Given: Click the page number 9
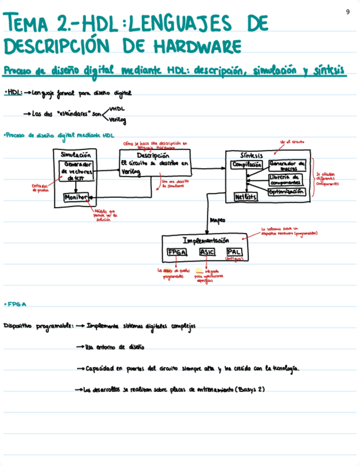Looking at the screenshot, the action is [x=348, y=12].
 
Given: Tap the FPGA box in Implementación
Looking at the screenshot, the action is [x=176, y=252].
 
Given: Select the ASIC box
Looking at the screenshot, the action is [x=207, y=252].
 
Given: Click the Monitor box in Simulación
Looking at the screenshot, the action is [x=76, y=197].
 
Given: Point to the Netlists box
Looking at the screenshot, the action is [x=246, y=196].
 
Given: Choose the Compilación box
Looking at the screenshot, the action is [x=247, y=164].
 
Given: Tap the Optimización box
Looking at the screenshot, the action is [x=287, y=191].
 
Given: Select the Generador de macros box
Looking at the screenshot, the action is [x=287, y=166].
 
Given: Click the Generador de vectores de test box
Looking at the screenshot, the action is [x=76, y=171].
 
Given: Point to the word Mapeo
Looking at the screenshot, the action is [x=218, y=220].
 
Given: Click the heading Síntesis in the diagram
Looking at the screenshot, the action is [x=252, y=155].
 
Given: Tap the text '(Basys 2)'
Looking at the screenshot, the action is [x=250, y=390].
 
